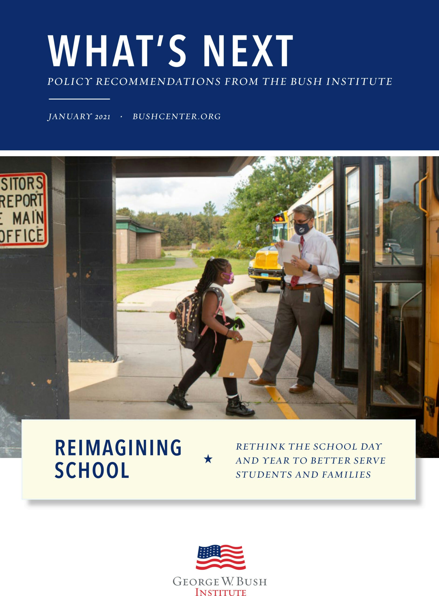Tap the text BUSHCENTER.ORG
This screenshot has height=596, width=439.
pos(176,117)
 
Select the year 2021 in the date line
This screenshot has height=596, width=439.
pos(103,117)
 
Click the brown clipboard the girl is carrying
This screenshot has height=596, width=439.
pos(235,359)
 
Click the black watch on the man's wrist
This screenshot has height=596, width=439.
pos(310,268)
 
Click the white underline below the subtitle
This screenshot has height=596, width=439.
pos(79,99)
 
